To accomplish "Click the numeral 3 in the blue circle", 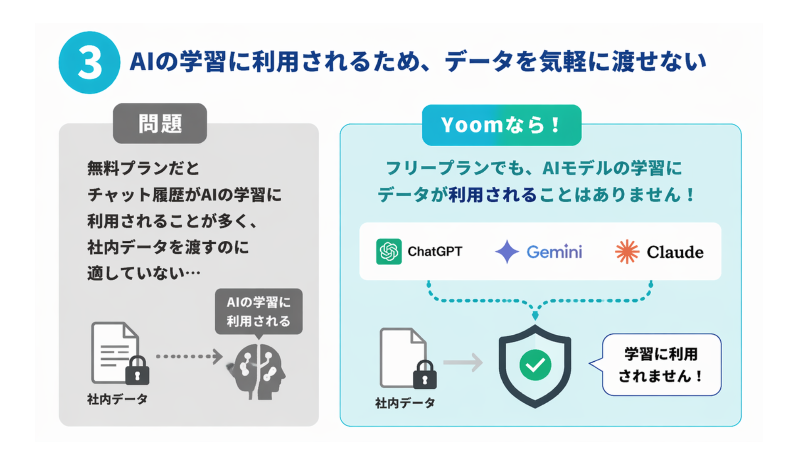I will click(89, 63).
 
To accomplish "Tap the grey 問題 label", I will click(160, 123).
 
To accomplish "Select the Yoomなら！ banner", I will click(501, 125).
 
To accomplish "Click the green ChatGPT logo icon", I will click(389, 252).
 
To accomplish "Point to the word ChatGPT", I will click(435, 252).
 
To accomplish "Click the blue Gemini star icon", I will click(507, 252).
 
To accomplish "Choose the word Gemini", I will click(554, 252).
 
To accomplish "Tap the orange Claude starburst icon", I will click(627, 252).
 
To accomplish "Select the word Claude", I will click(675, 252).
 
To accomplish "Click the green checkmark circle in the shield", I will click(535, 365).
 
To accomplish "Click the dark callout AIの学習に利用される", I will click(259, 311).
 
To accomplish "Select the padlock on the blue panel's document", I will click(425, 375).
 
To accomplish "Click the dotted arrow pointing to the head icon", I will click(189, 356).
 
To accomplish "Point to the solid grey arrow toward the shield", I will click(463, 363).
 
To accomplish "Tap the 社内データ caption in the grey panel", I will click(117, 400).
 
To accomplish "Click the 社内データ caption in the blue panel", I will click(405, 403).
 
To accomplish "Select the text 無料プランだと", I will click(143, 168).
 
